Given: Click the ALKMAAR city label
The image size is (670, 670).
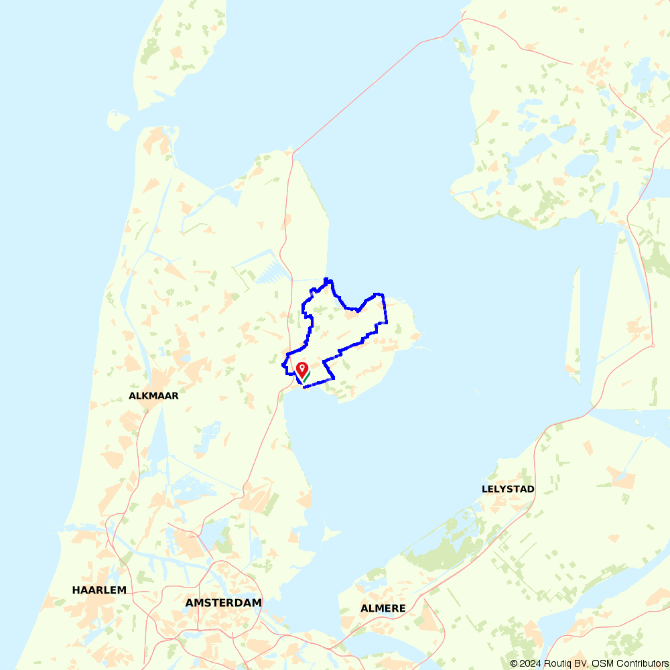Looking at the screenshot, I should [x=153, y=396].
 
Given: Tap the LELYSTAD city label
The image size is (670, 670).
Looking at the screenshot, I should [x=508, y=489].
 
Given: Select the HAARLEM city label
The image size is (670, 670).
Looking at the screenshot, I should [x=99, y=590].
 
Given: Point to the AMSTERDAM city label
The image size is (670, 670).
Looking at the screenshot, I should [x=223, y=603].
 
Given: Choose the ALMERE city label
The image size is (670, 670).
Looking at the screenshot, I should [x=383, y=608].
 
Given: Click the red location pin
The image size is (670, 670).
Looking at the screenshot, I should [x=301, y=369].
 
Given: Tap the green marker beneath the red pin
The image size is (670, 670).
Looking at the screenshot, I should [x=306, y=377].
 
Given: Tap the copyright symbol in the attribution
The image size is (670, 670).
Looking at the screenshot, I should [x=515, y=663].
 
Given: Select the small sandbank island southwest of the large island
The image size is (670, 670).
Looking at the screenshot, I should [x=118, y=121].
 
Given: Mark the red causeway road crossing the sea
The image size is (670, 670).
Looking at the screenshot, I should [x=375, y=80].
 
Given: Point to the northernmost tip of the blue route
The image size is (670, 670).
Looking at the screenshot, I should [x=326, y=279].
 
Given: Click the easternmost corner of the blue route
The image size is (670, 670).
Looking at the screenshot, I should [x=387, y=322].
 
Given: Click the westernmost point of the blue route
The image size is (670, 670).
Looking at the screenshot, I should [x=282, y=365].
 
